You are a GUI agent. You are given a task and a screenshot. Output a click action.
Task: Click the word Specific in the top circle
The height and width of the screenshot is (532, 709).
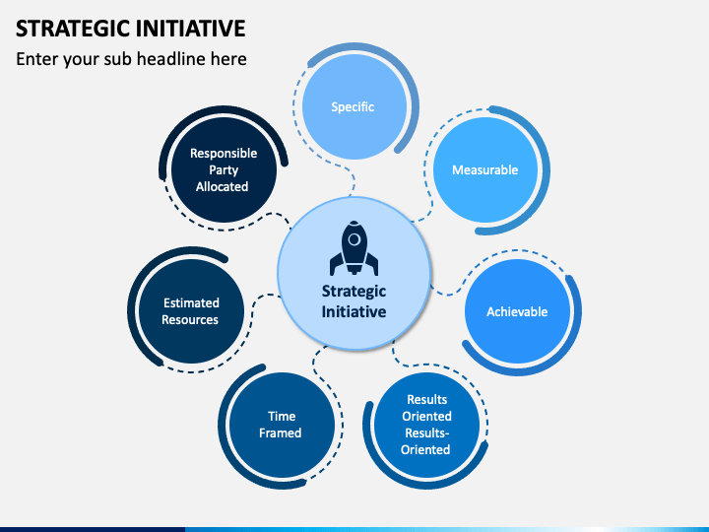pos(353,106)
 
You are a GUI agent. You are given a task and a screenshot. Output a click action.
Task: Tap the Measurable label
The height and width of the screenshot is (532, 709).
pos(484,169)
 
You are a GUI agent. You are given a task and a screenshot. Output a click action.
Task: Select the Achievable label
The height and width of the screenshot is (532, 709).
pos(517,311)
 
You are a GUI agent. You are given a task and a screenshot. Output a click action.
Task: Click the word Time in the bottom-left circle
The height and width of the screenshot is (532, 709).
pos(281,416)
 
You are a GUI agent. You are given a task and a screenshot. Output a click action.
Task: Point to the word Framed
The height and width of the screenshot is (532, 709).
pos(281,432)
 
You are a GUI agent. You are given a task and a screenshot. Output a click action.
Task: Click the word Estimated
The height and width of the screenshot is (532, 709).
pos(191,302)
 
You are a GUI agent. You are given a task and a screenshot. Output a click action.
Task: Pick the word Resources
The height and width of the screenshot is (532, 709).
pos(190,319)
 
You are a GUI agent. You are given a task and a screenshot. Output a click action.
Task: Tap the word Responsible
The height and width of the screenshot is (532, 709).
pos(224,153)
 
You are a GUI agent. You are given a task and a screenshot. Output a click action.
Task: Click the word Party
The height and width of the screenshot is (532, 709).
pos(223,169)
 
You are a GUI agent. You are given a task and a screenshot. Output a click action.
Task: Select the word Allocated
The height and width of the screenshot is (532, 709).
pos(223,186)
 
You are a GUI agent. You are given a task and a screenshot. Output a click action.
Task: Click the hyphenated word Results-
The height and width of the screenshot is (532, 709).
pos(425,432)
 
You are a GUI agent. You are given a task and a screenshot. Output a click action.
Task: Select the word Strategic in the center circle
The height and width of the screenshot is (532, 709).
pos(354,291)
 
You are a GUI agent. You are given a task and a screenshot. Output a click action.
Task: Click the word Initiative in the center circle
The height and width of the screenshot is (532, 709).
pos(354,311)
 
